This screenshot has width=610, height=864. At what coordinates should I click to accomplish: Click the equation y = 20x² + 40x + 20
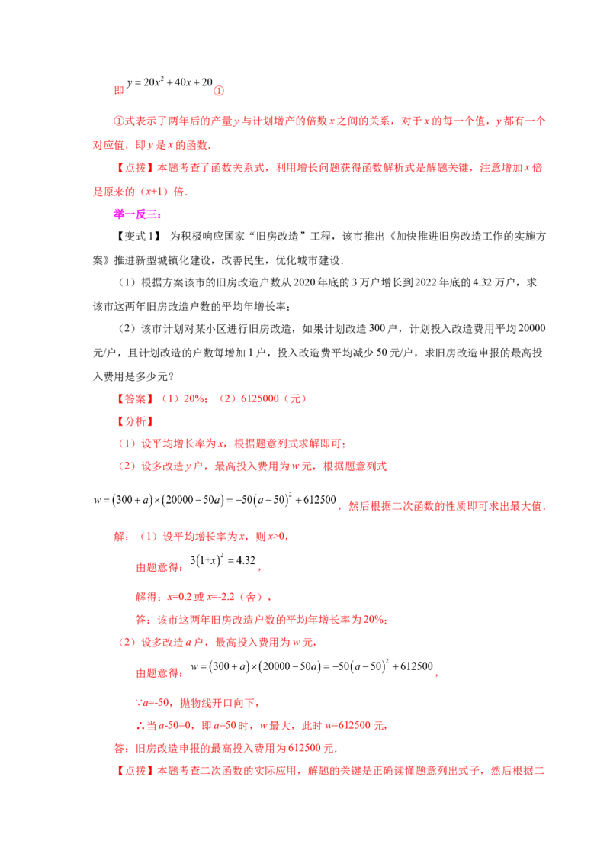tap(169, 82)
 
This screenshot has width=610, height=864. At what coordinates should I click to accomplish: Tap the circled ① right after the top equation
tap(219, 91)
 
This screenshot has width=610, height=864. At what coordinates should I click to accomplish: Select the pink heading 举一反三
tap(137, 214)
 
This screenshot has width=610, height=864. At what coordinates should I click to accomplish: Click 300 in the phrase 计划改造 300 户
tap(377, 329)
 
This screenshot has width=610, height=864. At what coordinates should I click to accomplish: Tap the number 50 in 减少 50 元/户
tap(382, 353)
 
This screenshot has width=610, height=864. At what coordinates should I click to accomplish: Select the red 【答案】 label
tap(135, 399)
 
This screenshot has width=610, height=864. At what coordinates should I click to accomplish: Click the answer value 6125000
tap(260, 399)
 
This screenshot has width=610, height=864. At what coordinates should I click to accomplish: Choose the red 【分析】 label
tap(135, 421)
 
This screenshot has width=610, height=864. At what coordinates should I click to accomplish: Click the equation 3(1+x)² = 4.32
tap(223, 560)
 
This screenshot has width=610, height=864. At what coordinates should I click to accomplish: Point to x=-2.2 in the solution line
tap(221, 597)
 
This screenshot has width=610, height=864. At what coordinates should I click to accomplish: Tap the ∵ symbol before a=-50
tap(140, 703)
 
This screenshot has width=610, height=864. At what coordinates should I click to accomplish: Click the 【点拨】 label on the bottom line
tap(135, 771)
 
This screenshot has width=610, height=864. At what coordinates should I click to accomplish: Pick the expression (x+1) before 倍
tap(154, 192)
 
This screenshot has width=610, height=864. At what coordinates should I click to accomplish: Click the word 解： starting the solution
tap(122, 537)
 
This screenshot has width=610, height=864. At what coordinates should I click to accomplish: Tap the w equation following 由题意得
tap(312, 666)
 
